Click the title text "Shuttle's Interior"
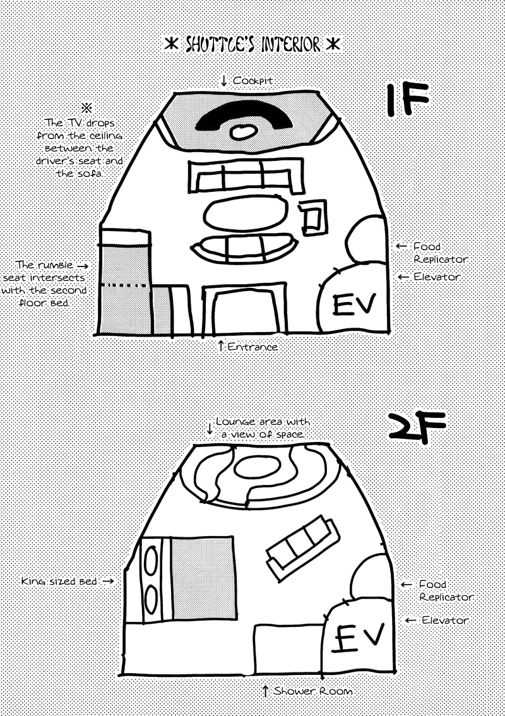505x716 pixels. (252, 45)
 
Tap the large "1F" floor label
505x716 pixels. (408, 98)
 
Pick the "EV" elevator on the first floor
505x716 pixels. (353, 305)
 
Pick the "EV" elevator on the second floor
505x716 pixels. (359, 638)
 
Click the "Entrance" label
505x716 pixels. (252, 347)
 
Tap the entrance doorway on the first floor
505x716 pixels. (244, 309)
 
